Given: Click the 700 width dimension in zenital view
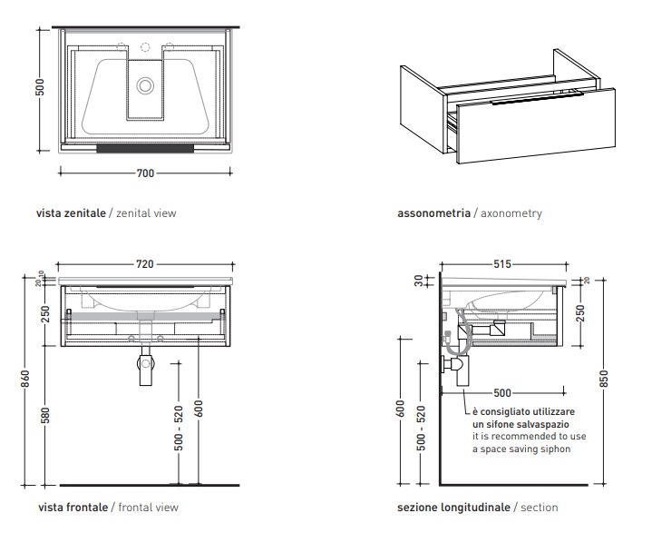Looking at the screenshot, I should [144, 173].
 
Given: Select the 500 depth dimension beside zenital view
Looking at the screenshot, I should [40, 88].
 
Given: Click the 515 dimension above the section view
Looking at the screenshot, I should [503, 264].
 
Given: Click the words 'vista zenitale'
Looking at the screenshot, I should [71, 214].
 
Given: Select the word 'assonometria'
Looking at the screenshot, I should [433, 214].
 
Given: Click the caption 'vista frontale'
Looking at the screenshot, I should [72, 508].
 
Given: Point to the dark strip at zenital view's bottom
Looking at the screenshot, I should [144, 146].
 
